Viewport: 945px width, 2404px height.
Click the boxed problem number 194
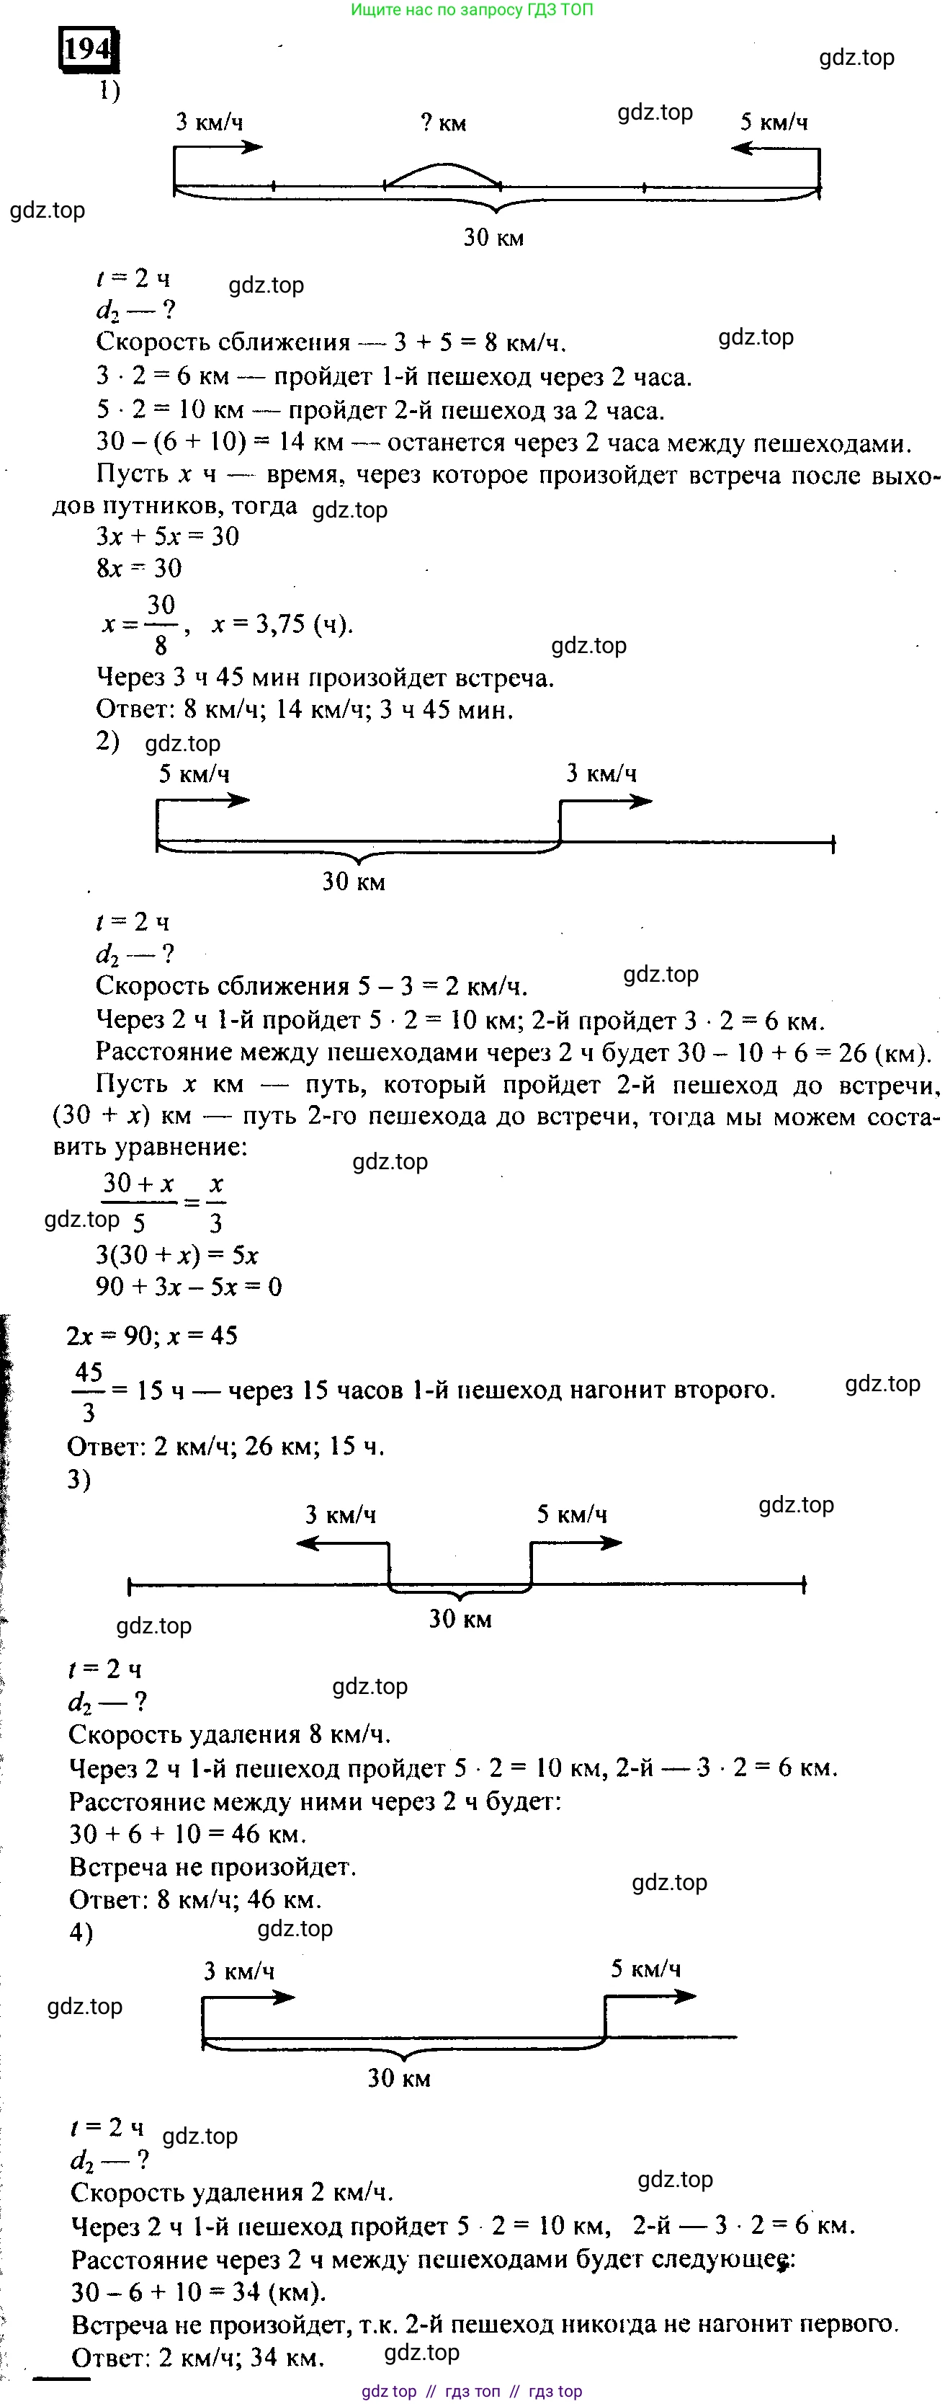click(89, 48)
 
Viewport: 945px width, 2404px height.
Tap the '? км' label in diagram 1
click(443, 123)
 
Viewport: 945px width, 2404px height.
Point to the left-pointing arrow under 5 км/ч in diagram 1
click(756, 148)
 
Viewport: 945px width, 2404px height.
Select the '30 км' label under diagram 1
click(493, 238)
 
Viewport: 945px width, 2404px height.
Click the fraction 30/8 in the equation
click(161, 624)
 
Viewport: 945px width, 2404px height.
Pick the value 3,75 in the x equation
click(281, 624)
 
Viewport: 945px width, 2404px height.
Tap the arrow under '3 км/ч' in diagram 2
click(606, 801)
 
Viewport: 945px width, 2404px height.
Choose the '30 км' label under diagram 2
click(354, 882)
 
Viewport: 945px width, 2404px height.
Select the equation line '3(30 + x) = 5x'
click(176, 1255)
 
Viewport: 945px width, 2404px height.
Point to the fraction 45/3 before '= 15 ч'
click(89, 1390)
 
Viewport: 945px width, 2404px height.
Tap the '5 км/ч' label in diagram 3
click(571, 1514)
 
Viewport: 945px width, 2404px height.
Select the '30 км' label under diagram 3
click(460, 1619)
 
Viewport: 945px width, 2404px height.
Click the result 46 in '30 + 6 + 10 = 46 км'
click(246, 1834)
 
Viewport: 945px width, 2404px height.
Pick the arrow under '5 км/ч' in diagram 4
click(653, 1996)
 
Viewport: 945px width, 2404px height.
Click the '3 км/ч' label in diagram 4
click(239, 1971)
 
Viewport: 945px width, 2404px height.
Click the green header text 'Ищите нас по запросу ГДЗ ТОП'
click(471, 10)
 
